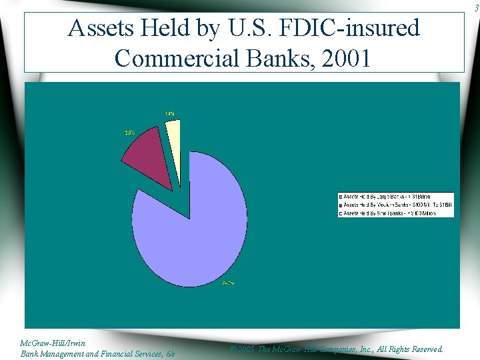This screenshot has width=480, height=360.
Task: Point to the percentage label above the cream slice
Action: click(170, 114)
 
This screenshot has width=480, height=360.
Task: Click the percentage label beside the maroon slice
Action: click(129, 133)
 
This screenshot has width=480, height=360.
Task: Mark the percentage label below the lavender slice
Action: click(228, 283)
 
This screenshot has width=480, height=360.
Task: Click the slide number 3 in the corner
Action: click(475, 7)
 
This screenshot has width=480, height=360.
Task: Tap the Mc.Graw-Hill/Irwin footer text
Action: click(53, 343)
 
